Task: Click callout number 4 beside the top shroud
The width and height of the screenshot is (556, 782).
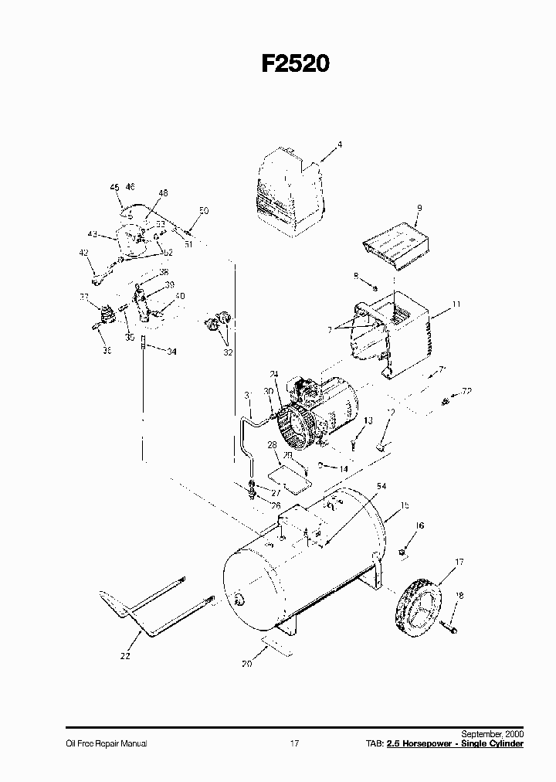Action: tap(338, 144)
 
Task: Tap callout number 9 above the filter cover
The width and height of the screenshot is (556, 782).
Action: tap(419, 208)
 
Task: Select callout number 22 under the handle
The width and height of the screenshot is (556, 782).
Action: tap(125, 656)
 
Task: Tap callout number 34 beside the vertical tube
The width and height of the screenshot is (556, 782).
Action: tap(171, 352)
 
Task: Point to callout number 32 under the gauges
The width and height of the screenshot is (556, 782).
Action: tap(227, 352)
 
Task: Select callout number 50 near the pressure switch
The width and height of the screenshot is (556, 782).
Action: tap(203, 210)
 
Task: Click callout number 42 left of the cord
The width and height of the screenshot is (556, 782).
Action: tap(83, 253)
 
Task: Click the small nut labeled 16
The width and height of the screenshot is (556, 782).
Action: tap(402, 552)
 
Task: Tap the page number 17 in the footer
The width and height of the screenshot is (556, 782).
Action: tap(294, 743)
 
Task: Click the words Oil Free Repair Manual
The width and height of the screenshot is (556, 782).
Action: tap(106, 743)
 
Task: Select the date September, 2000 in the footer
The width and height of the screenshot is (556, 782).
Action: tap(492, 733)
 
